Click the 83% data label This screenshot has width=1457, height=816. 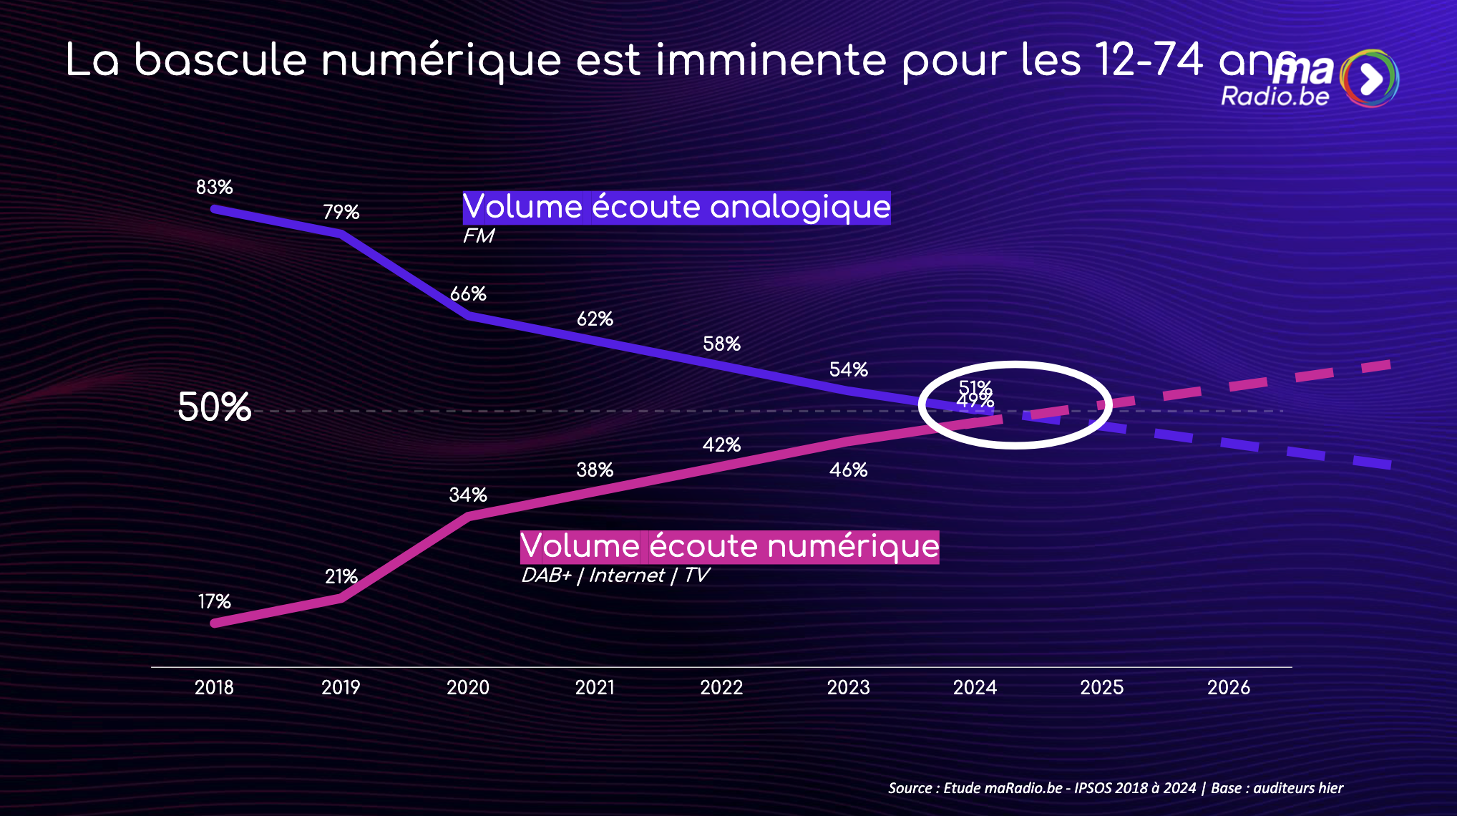pos(214,188)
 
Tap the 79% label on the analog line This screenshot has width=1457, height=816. pos(341,213)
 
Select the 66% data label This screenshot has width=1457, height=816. pos(468,294)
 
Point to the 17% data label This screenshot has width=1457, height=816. pos(214,602)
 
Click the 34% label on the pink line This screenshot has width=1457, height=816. pos(468,495)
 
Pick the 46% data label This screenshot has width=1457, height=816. pos(848,470)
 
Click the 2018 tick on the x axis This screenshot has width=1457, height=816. pos(214,688)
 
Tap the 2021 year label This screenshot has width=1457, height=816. pos(595,688)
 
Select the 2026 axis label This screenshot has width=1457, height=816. pos(1228,688)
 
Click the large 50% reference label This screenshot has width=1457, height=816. pos(214,408)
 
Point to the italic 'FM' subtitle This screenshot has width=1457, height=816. pos(478,236)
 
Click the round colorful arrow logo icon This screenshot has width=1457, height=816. pos(1370,79)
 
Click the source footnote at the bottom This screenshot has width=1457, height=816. pos(1115,788)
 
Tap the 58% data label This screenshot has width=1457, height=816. pos(721,344)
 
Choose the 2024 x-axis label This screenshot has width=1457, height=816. pos(975,688)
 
